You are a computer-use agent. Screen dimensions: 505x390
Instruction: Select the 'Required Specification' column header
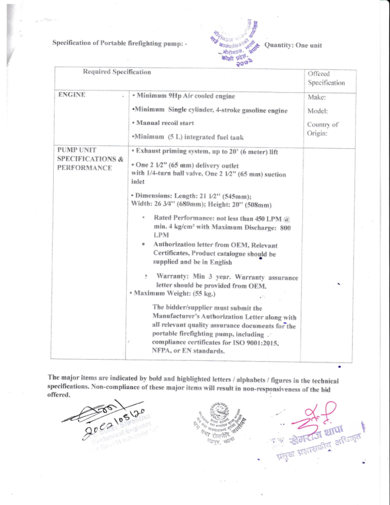click(117, 72)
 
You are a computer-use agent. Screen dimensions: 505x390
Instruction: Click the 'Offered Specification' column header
click(326, 78)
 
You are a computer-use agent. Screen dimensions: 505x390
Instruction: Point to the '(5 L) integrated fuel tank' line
click(196, 137)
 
